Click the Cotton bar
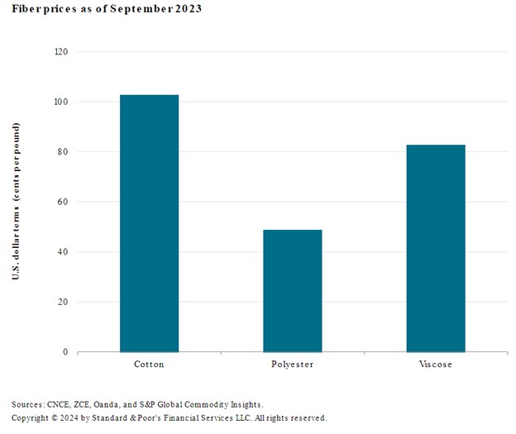point(149,223)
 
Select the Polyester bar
point(292,290)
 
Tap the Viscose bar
point(435,248)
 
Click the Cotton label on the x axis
point(149,364)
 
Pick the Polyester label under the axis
point(292,364)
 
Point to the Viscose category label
point(435,364)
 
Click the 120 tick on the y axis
point(60,51)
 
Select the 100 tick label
point(60,102)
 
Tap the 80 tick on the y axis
point(63,152)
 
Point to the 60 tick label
point(63,202)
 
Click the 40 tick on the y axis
point(63,252)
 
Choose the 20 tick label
point(63,302)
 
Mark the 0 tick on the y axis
point(65,352)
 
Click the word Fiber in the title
point(26,8)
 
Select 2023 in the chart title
point(184,8)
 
